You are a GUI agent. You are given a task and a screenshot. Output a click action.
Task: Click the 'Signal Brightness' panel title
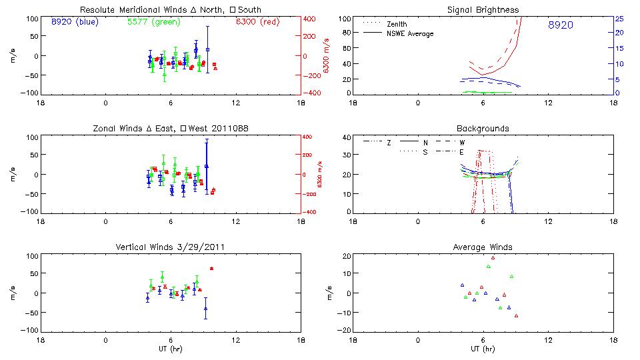point(483,10)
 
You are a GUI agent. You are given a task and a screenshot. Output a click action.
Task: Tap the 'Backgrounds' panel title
point(483,128)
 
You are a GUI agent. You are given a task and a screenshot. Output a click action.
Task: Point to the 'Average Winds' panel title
point(483,247)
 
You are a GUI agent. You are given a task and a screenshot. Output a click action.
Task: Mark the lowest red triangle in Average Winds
point(516,315)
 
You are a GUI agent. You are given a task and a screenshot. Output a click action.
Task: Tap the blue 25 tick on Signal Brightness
point(619,19)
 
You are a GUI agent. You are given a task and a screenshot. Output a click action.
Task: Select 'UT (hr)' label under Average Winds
point(483,348)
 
